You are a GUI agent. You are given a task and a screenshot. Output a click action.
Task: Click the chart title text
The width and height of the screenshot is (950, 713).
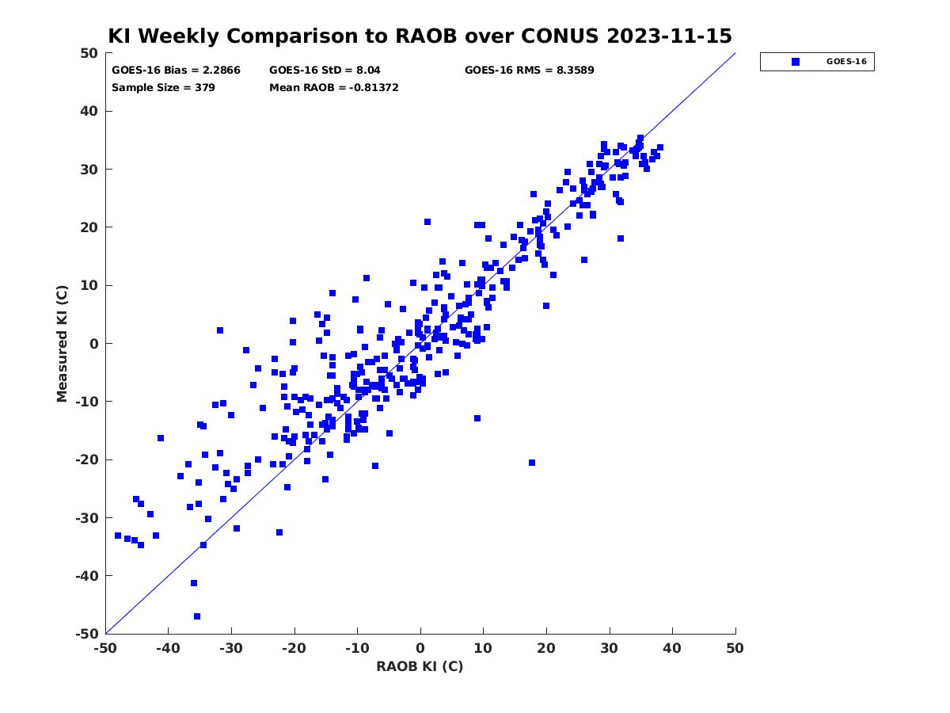click(x=420, y=36)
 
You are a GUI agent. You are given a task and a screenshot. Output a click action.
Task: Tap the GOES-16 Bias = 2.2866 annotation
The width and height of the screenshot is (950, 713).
click(x=176, y=71)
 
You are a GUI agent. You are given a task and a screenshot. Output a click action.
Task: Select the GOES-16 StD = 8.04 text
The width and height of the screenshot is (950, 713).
click(x=325, y=71)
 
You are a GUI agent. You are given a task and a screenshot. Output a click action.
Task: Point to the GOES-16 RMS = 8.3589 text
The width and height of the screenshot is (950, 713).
click(x=530, y=71)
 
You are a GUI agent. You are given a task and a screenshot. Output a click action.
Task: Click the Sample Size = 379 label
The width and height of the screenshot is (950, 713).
click(x=163, y=87)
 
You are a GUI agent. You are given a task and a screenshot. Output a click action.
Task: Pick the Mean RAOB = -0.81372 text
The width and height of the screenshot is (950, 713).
click(x=334, y=87)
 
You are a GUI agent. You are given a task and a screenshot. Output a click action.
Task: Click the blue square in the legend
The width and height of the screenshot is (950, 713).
click(x=796, y=62)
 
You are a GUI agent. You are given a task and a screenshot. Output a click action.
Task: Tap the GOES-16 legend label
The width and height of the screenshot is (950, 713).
click(x=846, y=62)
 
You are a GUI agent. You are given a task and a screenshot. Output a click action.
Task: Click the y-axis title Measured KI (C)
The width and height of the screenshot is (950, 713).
click(x=62, y=343)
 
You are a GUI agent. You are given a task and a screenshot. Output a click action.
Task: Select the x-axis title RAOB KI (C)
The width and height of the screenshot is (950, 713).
click(x=420, y=666)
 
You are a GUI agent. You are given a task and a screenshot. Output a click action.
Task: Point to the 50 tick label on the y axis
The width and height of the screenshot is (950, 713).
click(x=89, y=53)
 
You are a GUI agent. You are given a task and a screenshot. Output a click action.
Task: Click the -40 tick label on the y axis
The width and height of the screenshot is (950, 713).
click(x=87, y=576)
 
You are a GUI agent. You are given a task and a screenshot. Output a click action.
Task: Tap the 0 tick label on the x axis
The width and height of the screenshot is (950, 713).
click(x=420, y=648)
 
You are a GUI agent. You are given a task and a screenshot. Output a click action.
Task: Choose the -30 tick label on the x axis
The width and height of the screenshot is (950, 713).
click(x=231, y=648)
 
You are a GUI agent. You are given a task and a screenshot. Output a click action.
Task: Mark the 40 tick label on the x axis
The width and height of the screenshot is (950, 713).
click(x=672, y=648)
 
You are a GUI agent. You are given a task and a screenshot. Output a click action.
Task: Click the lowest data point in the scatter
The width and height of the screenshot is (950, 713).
click(x=197, y=616)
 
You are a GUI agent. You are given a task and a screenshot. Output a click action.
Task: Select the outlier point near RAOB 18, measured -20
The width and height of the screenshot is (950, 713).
click(x=532, y=463)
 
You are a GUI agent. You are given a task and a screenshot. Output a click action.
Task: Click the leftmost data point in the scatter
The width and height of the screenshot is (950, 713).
click(x=118, y=536)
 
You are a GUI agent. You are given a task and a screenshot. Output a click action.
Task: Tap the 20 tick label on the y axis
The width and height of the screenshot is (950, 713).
click(x=89, y=227)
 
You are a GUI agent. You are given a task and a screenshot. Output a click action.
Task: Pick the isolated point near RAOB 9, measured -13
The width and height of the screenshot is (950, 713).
click(x=477, y=418)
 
